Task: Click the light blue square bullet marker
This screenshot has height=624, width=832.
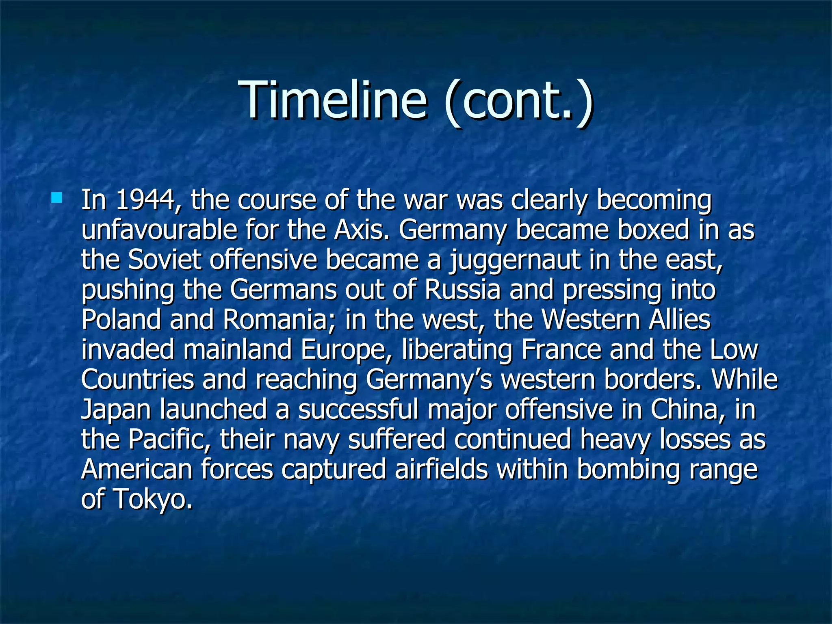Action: (56, 198)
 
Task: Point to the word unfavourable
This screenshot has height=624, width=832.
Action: (159, 230)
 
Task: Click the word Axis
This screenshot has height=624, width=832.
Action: (359, 230)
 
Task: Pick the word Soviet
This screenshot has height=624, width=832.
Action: (164, 260)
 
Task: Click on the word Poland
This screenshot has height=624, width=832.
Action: (121, 320)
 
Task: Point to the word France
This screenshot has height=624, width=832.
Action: (561, 349)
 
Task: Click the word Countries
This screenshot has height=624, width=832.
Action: (137, 379)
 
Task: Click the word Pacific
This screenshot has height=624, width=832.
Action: (169, 440)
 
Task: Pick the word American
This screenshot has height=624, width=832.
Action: (136, 469)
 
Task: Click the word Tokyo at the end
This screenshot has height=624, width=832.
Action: (152, 499)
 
